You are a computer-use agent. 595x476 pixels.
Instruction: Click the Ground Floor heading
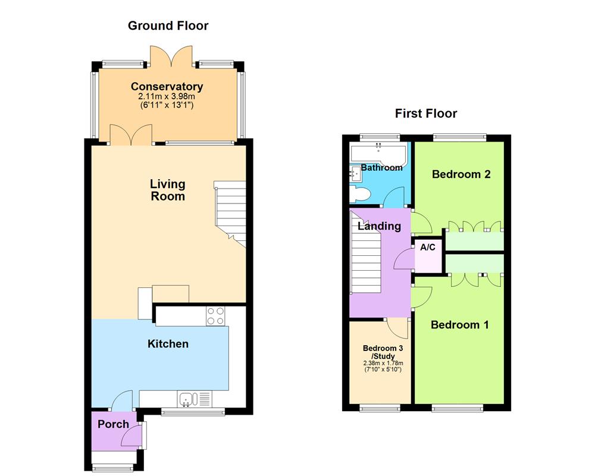(x=168, y=26)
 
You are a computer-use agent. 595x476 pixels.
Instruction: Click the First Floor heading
(x=426, y=114)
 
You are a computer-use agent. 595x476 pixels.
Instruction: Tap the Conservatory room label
(x=167, y=87)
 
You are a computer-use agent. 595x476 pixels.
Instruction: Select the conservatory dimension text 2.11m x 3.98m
(x=167, y=96)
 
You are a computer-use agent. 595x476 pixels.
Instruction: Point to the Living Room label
(x=167, y=190)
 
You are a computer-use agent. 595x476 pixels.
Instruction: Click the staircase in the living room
(x=231, y=214)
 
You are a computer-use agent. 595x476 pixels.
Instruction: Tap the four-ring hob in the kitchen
(x=216, y=315)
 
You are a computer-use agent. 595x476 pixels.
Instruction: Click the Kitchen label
(x=168, y=344)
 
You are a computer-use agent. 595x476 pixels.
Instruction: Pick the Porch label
(x=113, y=424)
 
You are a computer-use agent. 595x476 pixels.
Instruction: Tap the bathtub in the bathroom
(x=379, y=153)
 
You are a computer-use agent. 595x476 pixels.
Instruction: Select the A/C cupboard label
(x=428, y=248)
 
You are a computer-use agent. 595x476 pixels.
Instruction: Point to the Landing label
(x=379, y=226)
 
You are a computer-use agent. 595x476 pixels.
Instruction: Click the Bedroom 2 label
(x=461, y=174)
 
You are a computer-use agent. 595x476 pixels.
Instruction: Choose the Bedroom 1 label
(x=460, y=325)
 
